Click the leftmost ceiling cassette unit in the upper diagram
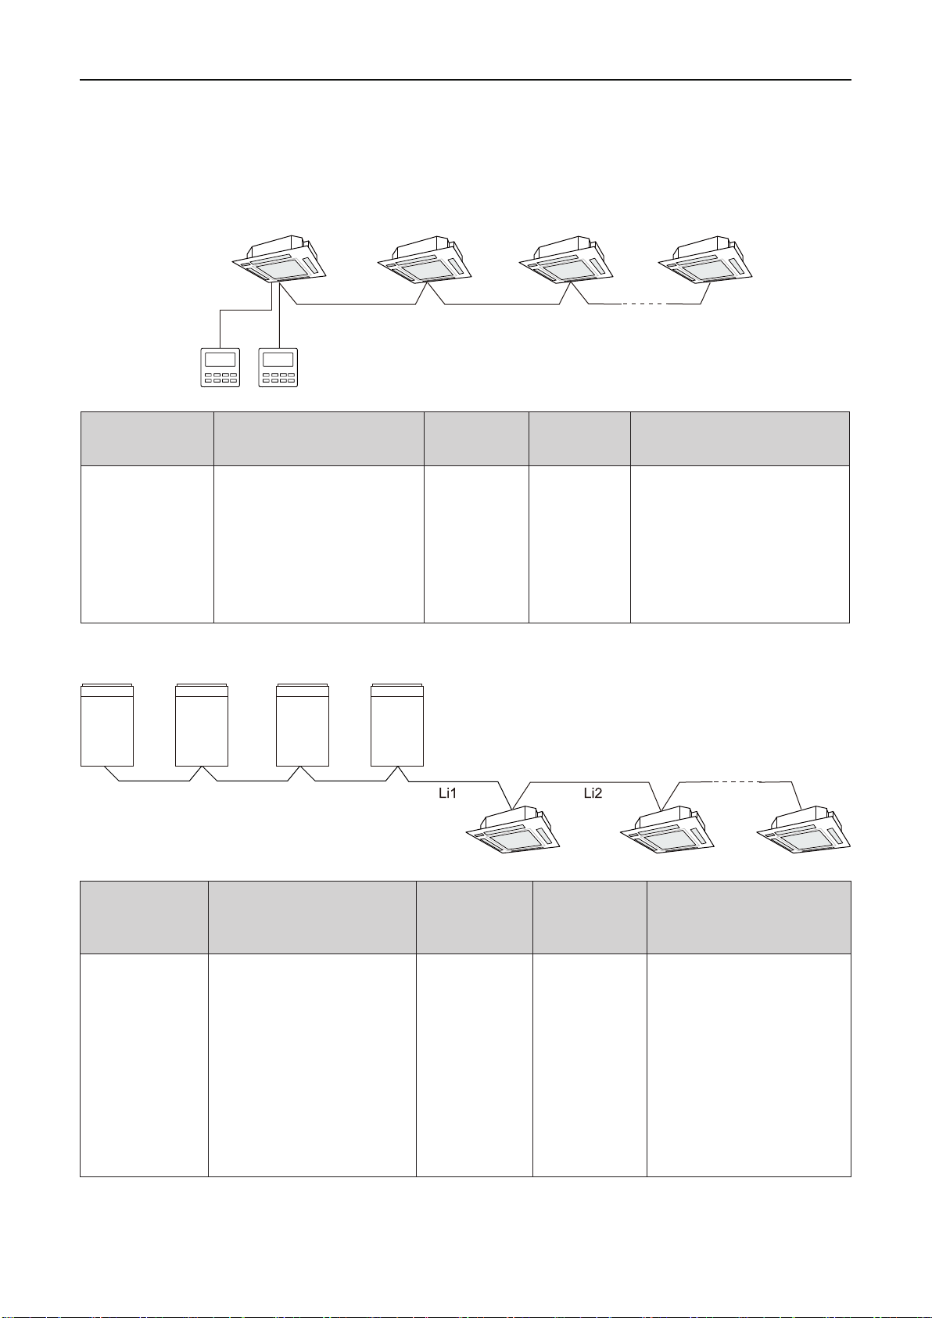[x=279, y=259]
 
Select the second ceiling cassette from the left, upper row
[x=425, y=259]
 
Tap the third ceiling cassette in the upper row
[x=565, y=259]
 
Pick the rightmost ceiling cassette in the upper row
[x=705, y=259]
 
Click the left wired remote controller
[x=220, y=367]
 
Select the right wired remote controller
[x=278, y=367]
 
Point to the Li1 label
[x=447, y=793]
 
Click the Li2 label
[x=593, y=793]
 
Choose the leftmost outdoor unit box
[x=107, y=725]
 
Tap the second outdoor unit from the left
[x=202, y=725]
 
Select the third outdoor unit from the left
[x=303, y=725]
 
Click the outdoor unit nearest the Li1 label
[x=397, y=725]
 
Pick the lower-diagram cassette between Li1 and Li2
[x=513, y=830]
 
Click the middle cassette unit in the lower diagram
[x=667, y=830]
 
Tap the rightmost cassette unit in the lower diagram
[x=803, y=830]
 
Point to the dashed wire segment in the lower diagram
[x=735, y=781]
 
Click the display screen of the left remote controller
[x=220, y=360]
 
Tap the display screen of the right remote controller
[x=278, y=360]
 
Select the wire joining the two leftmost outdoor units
[x=154, y=780]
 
